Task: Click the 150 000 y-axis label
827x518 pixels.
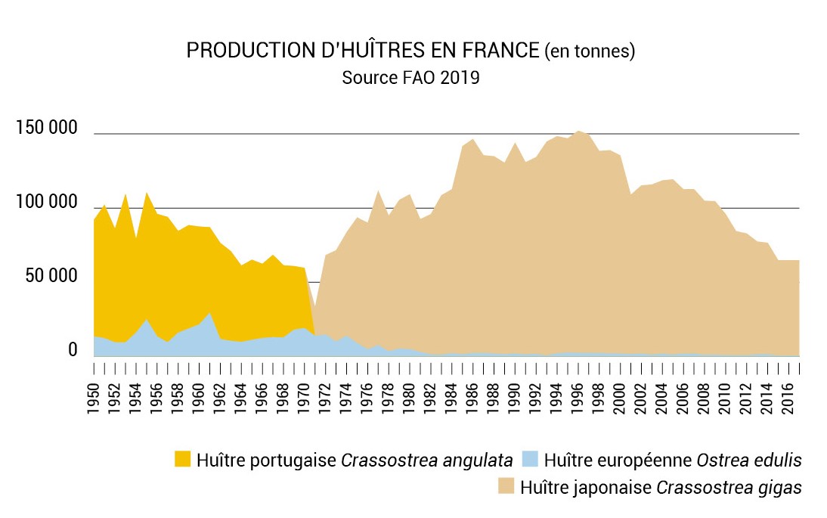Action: pyautogui.click(x=46, y=129)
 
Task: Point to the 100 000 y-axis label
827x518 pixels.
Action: pyautogui.click(x=46, y=203)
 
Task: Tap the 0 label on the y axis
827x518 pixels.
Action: pyautogui.click(x=73, y=350)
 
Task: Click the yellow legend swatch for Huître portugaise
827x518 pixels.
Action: pyautogui.click(x=182, y=459)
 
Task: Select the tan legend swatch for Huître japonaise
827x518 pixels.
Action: pyautogui.click(x=506, y=486)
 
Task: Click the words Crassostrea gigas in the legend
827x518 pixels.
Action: pyautogui.click(x=729, y=487)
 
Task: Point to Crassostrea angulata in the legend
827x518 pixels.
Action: pyautogui.click(x=428, y=460)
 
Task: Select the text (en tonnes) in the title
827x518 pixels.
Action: pyautogui.click(x=590, y=51)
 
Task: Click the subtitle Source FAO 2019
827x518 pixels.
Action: pyautogui.click(x=410, y=78)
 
